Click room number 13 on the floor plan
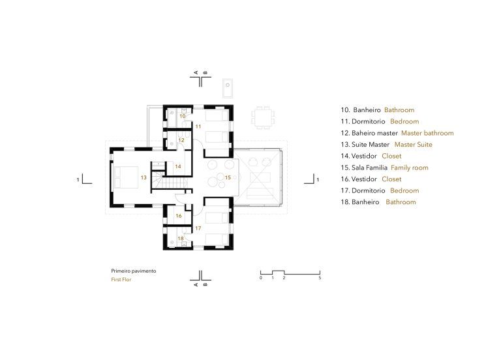[144, 177]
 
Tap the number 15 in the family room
[228, 177]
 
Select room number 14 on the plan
[178, 166]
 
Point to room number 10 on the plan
[183, 116]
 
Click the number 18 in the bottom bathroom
[181, 238]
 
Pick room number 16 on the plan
[179, 216]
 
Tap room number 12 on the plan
[181, 140]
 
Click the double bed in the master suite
[126, 177]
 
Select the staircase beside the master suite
[170, 181]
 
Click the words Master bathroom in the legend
[427, 133]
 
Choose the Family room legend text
[409, 168]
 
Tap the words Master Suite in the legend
[413, 144]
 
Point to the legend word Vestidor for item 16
[364, 179]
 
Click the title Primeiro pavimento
[134, 271]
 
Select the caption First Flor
[121, 280]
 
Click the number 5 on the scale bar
[320, 278]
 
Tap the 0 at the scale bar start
[261, 278]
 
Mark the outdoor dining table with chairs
[264, 118]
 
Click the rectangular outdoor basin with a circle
[228, 88]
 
